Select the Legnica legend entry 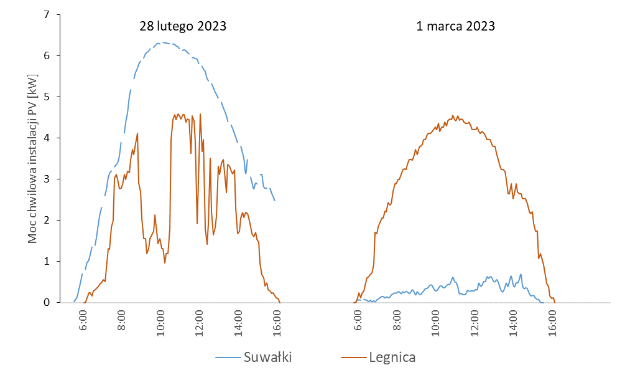pyautogui.click(x=392, y=357)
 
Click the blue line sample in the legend pyautogui.click(x=228, y=358)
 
